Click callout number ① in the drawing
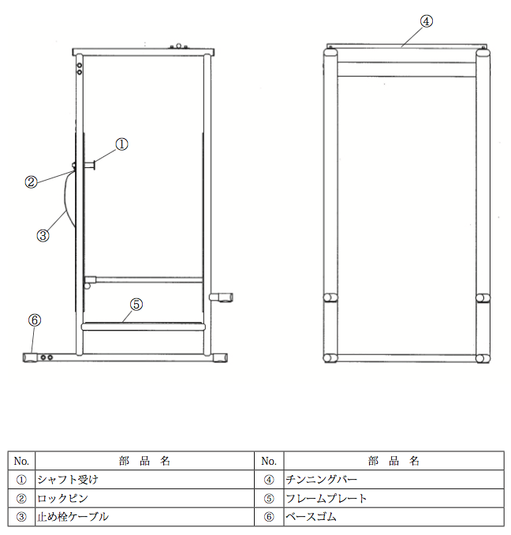point(121,144)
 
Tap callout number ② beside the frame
point(31,181)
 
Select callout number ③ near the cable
point(43,235)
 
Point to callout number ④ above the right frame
point(426,21)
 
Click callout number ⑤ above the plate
point(136,304)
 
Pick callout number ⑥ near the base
point(35,320)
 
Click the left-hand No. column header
point(21,461)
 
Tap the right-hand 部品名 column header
point(394,461)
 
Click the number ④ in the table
point(269,480)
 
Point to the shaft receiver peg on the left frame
point(89,166)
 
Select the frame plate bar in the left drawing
point(144,327)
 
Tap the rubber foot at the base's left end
point(30,357)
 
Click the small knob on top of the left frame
point(179,46)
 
